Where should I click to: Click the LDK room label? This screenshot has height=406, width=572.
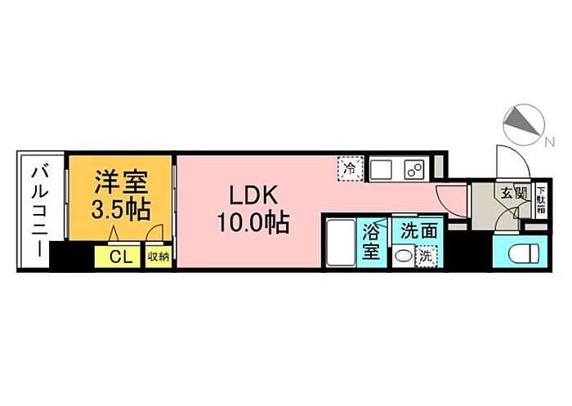click(253, 195)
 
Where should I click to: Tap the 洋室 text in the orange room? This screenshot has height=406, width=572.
click(121, 182)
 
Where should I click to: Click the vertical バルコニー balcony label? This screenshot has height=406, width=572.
click(40, 212)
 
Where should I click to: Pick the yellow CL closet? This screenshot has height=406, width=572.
click(117, 257)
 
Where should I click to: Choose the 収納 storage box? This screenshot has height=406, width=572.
click(159, 257)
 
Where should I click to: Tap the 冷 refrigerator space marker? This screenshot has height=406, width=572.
click(351, 169)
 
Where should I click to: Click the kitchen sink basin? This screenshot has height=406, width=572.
click(381, 169)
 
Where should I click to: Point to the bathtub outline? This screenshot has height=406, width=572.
click(341, 243)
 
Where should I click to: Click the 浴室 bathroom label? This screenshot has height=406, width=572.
click(371, 242)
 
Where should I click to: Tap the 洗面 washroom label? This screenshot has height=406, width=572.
click(418, 231)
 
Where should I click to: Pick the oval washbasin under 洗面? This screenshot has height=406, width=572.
click(402, 257)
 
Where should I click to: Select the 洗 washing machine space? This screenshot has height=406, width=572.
click(427, 257)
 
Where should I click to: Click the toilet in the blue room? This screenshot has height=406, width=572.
click(524, 252)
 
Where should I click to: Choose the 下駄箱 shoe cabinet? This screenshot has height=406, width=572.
click(542, 200)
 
